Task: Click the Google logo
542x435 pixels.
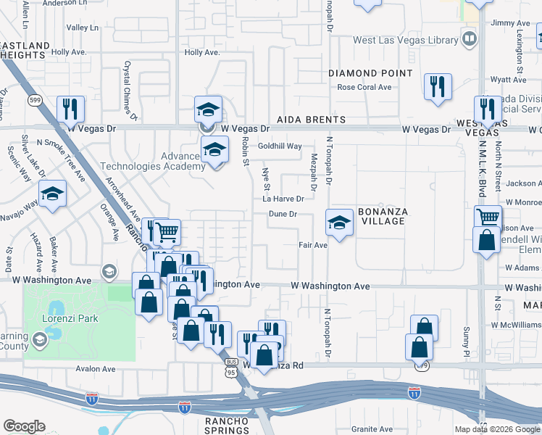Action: (24, 426)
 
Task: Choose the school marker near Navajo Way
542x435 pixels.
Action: (53, 194)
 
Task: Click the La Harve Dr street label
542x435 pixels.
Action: (283, 199)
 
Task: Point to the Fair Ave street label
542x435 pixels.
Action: (314, 245)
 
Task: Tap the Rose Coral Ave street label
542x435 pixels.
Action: (364, 88)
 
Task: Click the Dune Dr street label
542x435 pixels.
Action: (283, 214)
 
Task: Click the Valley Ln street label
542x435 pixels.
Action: (83, 28)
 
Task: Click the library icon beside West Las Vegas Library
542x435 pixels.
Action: (470, 38)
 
